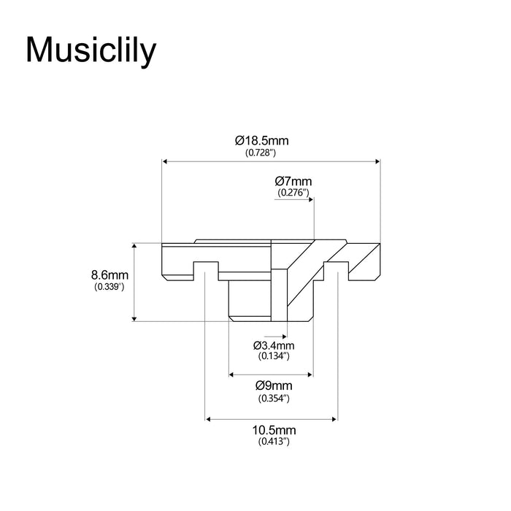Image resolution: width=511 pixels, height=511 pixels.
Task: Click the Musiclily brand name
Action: pyautogui.click(x=91, y=50)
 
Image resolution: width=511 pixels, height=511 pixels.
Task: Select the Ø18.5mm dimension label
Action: pyautogui.click(x=261, y=141)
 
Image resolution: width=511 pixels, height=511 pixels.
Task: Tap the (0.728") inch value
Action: pyautogui.click(x=261, y=153)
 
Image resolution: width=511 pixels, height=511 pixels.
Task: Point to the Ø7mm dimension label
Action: pyautogui.click(x=293, y=181)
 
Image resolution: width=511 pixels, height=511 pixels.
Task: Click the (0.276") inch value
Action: pyautogui.click(x=293, y=193)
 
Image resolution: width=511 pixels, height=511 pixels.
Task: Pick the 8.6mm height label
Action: pyautogui.click(x=109, y=275)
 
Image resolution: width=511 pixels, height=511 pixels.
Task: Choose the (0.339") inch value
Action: pyautogui.click(x=109, y=287)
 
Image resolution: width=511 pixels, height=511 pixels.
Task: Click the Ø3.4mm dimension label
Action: pyautogui.click(x=274, y=345)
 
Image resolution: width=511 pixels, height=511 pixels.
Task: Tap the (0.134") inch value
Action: pyautogui.click(x=274, y=356)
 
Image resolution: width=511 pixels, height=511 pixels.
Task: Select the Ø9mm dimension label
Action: pyautogui.click(x=274, y=386)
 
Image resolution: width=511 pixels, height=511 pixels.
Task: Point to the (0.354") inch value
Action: pyautogui.click(x=274, y=399)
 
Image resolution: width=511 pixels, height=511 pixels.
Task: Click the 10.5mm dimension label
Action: pyautogui.click(x=274, y=430)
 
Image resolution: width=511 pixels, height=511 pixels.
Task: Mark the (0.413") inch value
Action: pyautogui.click(x=274, y=442)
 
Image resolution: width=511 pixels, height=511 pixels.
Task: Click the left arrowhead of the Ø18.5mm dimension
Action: pyautogui.click(x=165, y=161)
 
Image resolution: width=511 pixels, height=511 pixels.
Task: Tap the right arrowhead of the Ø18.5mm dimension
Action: pyautogui.click(x=377, y=161)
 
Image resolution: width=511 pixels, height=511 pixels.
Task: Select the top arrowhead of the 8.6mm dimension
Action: pyautogui.click(x=134, y=246)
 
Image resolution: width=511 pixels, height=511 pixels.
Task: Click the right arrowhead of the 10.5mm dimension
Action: pyautogui.click(x=334, y=419)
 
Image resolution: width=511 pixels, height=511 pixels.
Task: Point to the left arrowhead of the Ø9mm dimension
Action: pyautogui.click(x=231, y=374)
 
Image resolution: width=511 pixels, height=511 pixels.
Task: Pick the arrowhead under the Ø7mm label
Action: pyautogui.click(x=311, y=199)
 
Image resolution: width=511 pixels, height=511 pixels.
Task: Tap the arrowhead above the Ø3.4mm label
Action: pyautogui.click(x=284, y=337)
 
